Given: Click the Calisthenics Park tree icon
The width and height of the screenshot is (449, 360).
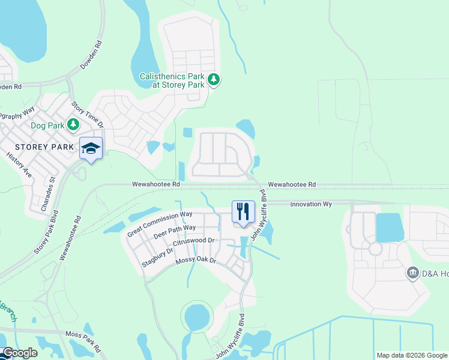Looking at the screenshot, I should click(x=213, y=80).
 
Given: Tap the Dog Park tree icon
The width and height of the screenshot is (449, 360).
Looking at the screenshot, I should click(x=73, y=125).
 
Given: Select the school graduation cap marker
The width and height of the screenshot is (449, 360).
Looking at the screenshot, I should click(x=91, y=149).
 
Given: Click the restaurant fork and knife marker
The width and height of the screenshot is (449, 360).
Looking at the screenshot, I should click(x=243, y=212).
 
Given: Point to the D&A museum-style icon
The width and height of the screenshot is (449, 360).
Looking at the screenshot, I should click(x=412, y=274).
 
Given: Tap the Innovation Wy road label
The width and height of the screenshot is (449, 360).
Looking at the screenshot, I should click(x=311, y=204).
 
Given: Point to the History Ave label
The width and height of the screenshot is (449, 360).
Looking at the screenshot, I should click(x=19, y=164).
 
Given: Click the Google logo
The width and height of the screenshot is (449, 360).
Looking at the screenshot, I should click(x=19, y=353).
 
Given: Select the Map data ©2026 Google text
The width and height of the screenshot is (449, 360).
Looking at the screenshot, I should click(x=411, y=355).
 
